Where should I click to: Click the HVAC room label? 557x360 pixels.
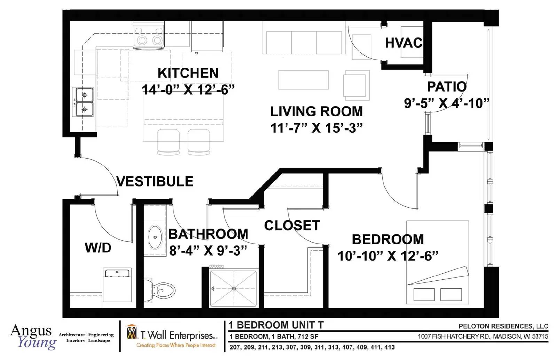[403, 43]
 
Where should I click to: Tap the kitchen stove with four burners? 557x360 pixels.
[149, 35]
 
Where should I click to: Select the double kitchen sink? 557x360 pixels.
[83, 102]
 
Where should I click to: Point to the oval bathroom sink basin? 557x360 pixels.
[155, 237]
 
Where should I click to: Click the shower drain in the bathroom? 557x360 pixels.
[234, 288]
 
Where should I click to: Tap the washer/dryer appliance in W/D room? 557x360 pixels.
[117, 285]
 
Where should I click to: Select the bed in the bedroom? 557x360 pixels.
[438, 262]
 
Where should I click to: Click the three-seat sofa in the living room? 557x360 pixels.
[304, 40]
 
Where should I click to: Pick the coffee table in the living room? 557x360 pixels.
[303, 80]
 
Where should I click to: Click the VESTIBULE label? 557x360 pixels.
[155, 181]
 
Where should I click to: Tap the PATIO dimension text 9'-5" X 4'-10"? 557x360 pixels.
[446, 103]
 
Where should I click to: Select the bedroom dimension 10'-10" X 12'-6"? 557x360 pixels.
[388, 256]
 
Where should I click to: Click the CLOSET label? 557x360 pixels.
[292, 225]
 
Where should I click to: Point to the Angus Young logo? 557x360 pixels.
[33, 337]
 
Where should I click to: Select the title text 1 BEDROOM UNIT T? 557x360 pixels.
[276, 325]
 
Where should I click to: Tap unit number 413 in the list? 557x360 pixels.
[390, 347]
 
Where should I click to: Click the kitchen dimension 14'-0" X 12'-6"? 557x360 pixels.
[188, 89]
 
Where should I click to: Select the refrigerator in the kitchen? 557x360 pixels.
[207, 36]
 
